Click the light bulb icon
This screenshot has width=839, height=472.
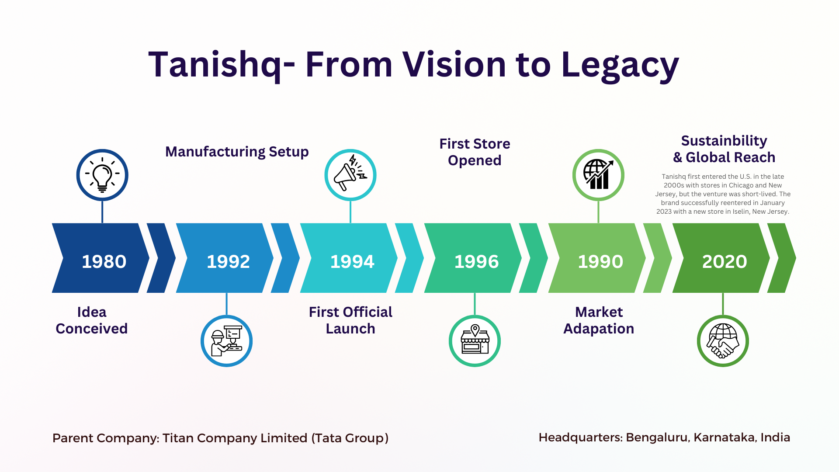(102, 175)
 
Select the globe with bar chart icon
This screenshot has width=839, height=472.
(598, 174)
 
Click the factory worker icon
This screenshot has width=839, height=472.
(226, 341)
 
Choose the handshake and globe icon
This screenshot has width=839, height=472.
(723, 341)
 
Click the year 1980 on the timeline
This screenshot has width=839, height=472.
(104, 261)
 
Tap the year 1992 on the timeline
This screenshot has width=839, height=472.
(228, 261)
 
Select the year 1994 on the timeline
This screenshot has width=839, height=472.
(352, 261)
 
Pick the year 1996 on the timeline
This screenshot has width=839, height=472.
(476, 261)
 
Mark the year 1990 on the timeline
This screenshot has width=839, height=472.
(600, 261)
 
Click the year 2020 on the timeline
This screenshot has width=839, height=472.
(725, 261)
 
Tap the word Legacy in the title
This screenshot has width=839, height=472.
(620, 65)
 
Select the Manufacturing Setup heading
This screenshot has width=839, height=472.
(237, 152)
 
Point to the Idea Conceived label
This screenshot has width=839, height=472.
(92, 320)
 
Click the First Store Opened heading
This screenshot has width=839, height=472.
(475, 152)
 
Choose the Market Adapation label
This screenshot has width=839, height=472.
(599, 320)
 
